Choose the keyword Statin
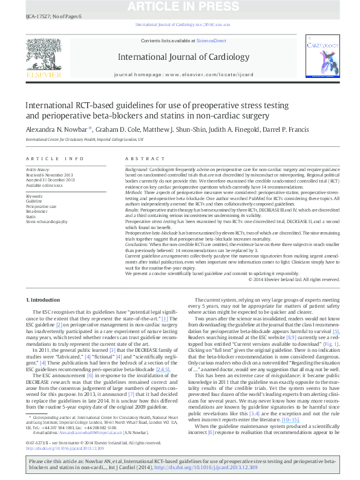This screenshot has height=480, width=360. [32, 216]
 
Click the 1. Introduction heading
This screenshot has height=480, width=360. [43, 300]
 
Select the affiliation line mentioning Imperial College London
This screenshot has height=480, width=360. [84, 139]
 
